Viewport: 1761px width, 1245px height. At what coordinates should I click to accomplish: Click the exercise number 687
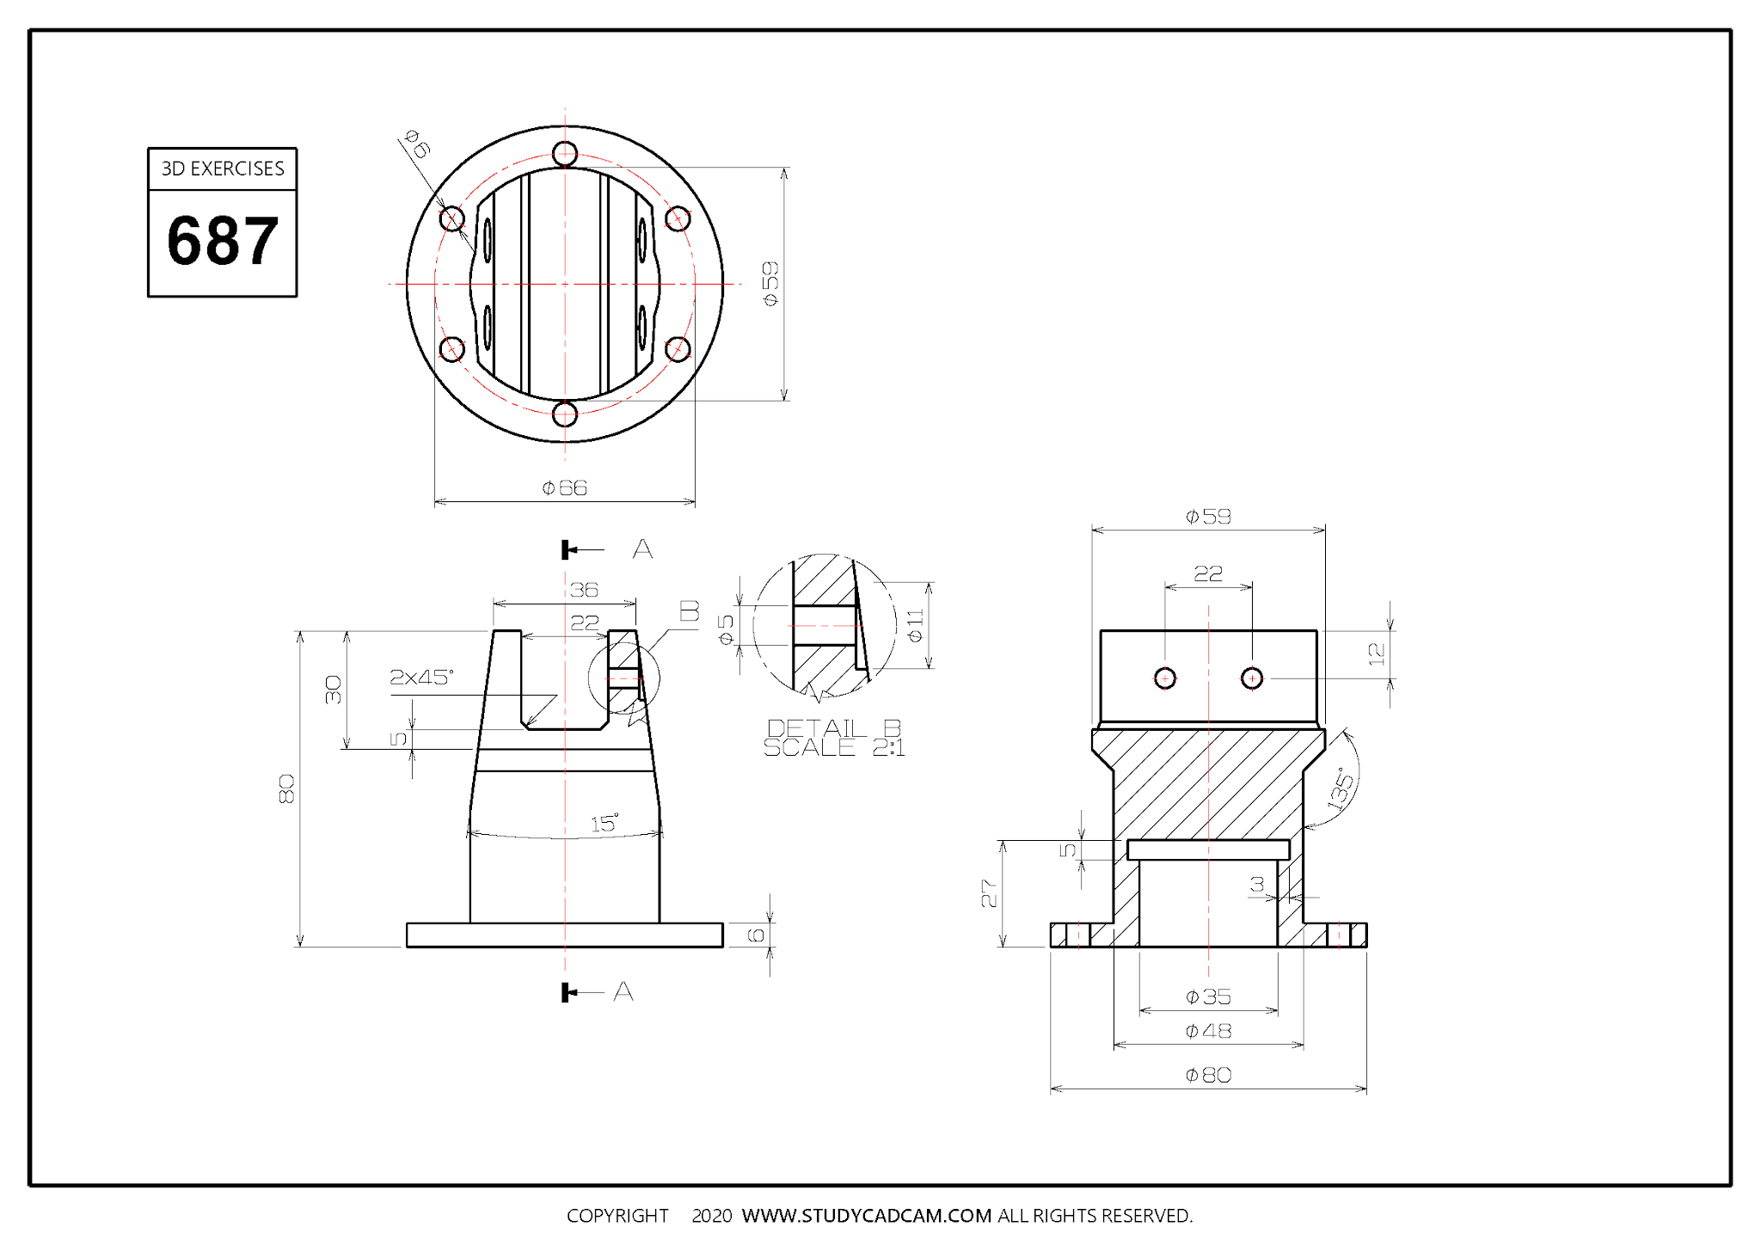[223, 242]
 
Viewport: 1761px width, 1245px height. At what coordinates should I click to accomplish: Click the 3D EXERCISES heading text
[223, 169]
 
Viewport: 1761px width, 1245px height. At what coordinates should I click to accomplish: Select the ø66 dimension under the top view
[565, 488]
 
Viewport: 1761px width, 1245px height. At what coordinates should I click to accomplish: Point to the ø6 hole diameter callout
[417, 144]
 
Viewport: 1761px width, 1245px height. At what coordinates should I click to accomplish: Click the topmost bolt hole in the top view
[565, 154]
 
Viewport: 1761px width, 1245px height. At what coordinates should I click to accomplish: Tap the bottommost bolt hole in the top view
[565, 414]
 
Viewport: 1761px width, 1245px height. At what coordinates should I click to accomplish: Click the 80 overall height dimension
[287, 788]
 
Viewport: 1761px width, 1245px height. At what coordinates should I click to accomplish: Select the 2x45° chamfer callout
[421, 678]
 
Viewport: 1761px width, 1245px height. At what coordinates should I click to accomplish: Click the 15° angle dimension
[604, 824]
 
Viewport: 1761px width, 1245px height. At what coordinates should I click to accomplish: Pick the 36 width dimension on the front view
[584, 590]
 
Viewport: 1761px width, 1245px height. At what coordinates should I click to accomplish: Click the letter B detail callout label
[690, 611]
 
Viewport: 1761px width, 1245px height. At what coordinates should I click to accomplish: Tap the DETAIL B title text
[833, 729]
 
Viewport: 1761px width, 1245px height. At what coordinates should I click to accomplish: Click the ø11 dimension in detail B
[916, 625]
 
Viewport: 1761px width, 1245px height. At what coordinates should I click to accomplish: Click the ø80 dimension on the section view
[1208, 1076]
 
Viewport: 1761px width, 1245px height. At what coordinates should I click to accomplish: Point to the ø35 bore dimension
[1208, 997]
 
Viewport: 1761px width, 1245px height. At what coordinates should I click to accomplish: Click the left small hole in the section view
[1165, 678]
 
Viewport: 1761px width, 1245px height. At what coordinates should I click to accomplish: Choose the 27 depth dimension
[990, 894]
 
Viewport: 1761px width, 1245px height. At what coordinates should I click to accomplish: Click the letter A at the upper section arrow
[642, 549]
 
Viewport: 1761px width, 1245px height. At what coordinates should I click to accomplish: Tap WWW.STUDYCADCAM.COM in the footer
[867, 1216]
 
